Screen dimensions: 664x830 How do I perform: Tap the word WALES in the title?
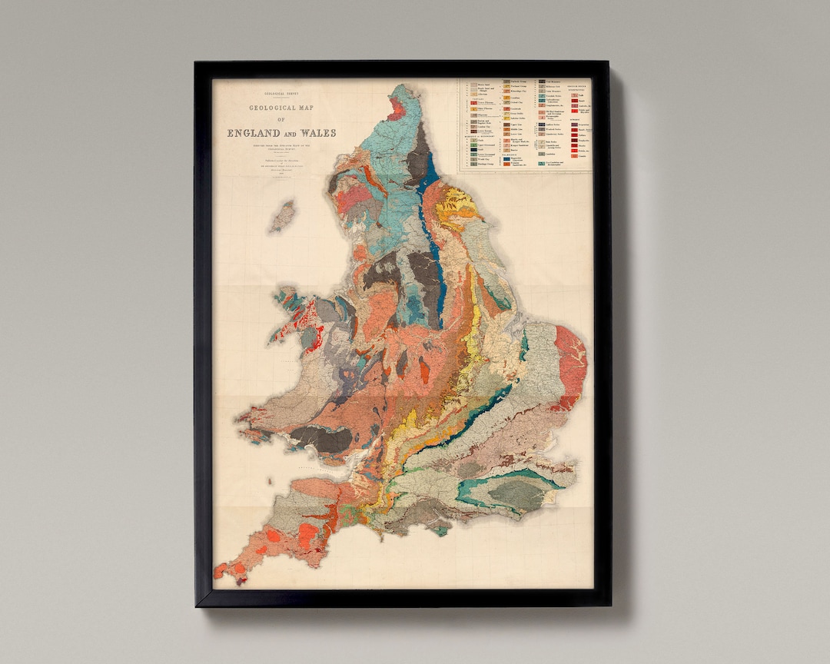(318, 133)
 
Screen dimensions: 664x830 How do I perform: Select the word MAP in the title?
(314, 108)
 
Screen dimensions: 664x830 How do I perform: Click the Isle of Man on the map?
(282, 217)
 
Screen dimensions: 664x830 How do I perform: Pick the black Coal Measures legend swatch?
(542, 81)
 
